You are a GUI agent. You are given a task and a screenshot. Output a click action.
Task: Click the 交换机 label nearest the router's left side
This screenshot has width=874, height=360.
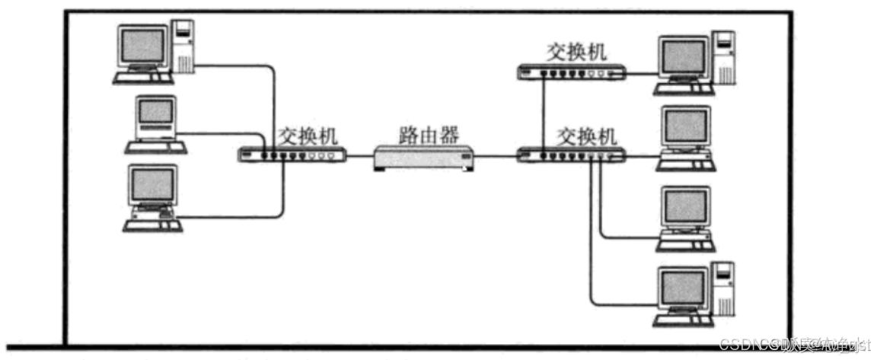point(308,135)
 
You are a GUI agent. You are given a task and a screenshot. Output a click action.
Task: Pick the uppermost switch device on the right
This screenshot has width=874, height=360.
point(571,72)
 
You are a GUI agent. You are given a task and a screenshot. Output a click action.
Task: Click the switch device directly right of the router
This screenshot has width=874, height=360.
point(571,156)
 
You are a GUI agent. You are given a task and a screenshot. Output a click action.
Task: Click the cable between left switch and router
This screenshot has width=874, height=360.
point(359,157)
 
